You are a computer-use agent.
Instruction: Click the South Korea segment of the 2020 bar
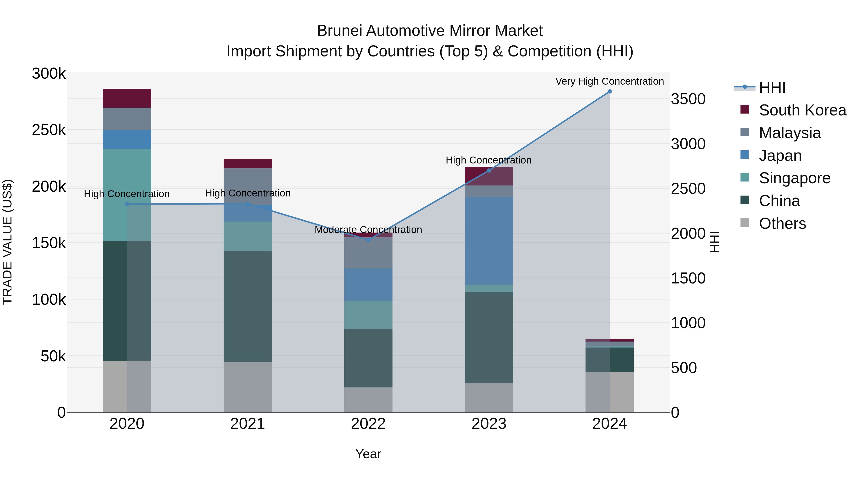(127, 98)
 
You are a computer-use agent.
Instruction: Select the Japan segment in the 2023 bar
(489, 240)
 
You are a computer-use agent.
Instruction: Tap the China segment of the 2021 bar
(247, 306)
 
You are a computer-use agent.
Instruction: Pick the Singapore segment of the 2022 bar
(368, 315)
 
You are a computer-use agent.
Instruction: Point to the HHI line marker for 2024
(610, 92)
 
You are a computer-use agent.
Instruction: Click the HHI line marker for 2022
(368, 240)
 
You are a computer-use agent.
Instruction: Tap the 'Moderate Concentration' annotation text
(368, 230)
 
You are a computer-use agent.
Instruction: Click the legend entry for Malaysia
(790, 133)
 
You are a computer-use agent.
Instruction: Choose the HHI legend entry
(772, 87)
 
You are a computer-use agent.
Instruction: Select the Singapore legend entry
(794, 178)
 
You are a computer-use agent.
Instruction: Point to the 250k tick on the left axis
(49, 130)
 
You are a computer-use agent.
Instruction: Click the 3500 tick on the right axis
(688, 99)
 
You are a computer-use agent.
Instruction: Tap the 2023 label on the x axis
(489, 424)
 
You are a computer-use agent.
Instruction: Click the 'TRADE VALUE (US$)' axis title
(7, 242)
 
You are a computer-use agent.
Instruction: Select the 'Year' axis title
(368, 454)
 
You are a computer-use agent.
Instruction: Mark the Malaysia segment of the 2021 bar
(247, 186)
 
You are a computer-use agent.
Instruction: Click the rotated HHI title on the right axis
(714, 242)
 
